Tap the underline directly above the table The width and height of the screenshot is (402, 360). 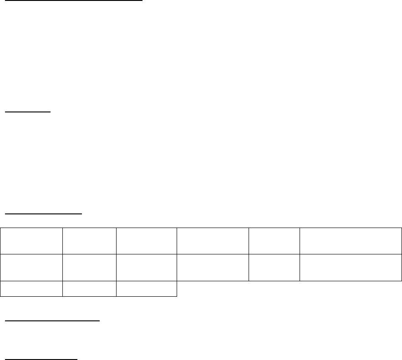coord(43,213)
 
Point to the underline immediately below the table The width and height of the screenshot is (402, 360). coord(51,321)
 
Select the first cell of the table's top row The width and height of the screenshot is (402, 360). coord(31,241)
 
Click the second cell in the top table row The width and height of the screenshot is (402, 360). coord(89,241)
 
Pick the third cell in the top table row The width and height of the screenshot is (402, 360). coord(146,241)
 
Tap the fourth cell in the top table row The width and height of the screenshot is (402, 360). coord(213,241)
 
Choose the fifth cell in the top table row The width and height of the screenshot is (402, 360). coord(274,241)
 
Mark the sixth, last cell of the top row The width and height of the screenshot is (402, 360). coord(350,241)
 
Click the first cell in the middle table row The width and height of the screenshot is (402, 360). coord(31,268)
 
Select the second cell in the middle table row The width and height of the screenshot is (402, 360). coord(89,268)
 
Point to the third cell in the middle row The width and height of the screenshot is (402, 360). coord(146,268)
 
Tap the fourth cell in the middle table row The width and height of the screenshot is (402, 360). coord(213,268)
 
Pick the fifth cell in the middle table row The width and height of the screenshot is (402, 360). coord(274,268)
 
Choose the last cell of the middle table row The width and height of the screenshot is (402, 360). coord(350,268)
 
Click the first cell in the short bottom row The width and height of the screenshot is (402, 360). coord(31,289)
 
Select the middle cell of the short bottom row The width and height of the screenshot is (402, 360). coord(89,289)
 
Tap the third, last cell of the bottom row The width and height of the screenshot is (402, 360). coord(146,289)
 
